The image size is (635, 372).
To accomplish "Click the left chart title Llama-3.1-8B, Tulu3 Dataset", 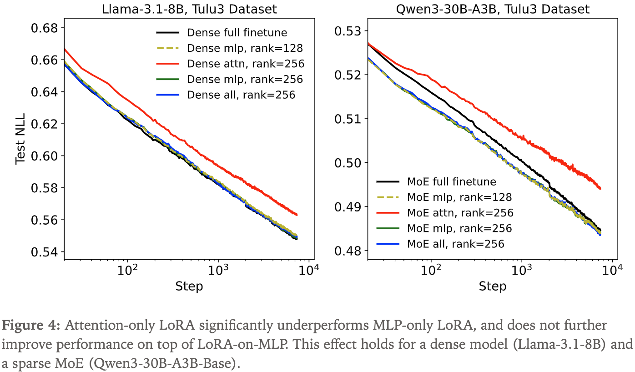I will point(189,9).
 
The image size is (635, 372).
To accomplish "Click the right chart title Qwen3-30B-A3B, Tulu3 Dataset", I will point(492,9).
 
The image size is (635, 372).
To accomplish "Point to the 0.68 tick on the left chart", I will point(45,28).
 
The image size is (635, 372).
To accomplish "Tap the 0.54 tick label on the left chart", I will point(45,252).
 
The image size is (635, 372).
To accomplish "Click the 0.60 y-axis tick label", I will point(45,156).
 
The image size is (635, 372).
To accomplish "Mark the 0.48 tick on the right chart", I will point(348,251).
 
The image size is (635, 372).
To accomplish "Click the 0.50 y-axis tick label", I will point(348,163).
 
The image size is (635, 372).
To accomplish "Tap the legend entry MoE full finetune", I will point(446,182).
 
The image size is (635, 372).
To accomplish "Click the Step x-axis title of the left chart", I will point(189,286).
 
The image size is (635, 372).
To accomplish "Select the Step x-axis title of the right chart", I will point(492,286).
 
